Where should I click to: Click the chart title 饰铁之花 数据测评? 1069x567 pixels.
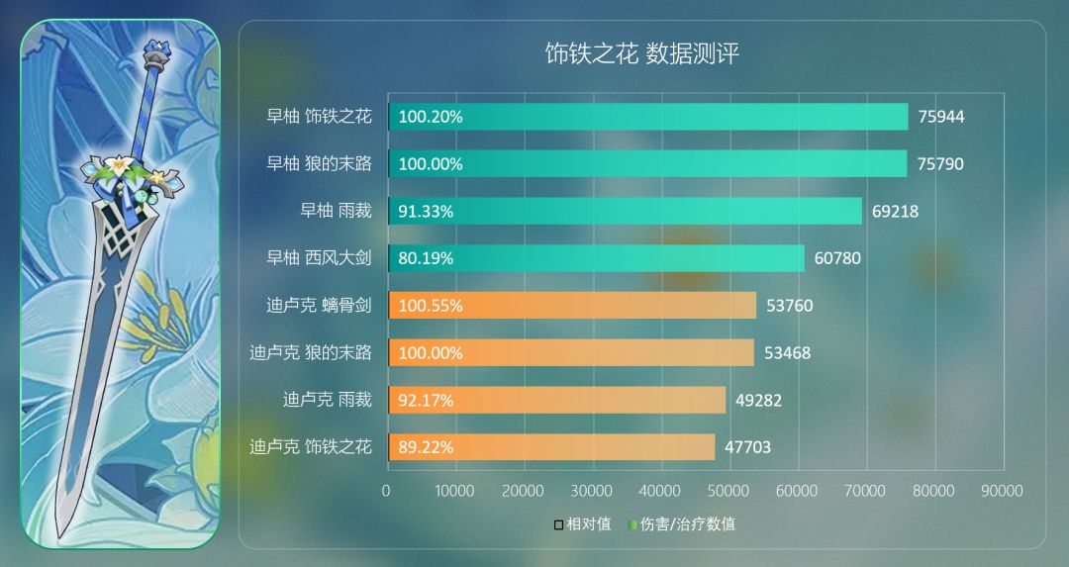[641, 53]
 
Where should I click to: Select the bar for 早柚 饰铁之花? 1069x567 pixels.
[648, 117]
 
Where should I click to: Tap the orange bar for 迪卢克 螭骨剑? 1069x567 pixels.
[572, 306]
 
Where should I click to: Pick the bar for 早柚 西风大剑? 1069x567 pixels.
[596, 258]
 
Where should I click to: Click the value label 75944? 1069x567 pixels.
[940, 117]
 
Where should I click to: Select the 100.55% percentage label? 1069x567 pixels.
[431, 306]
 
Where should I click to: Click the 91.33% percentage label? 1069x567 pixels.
[427, 211]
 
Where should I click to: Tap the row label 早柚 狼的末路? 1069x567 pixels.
[318, 163]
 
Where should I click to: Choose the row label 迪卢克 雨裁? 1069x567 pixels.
[327, 400]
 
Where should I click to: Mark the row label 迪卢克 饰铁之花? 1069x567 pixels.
[310, 447]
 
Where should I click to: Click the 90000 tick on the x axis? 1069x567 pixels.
[1001, 491]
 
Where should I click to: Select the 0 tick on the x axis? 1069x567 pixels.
[386, 491]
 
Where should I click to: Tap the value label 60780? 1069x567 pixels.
[837, 258]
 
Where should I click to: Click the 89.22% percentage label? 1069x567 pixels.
[426, 447]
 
